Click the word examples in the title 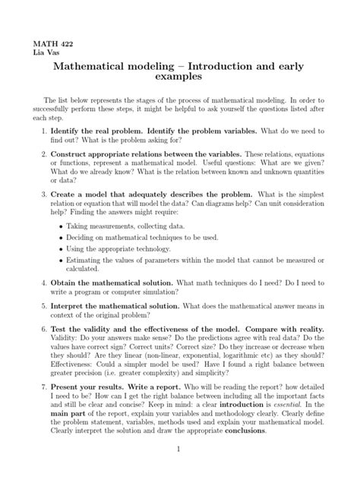180,78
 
